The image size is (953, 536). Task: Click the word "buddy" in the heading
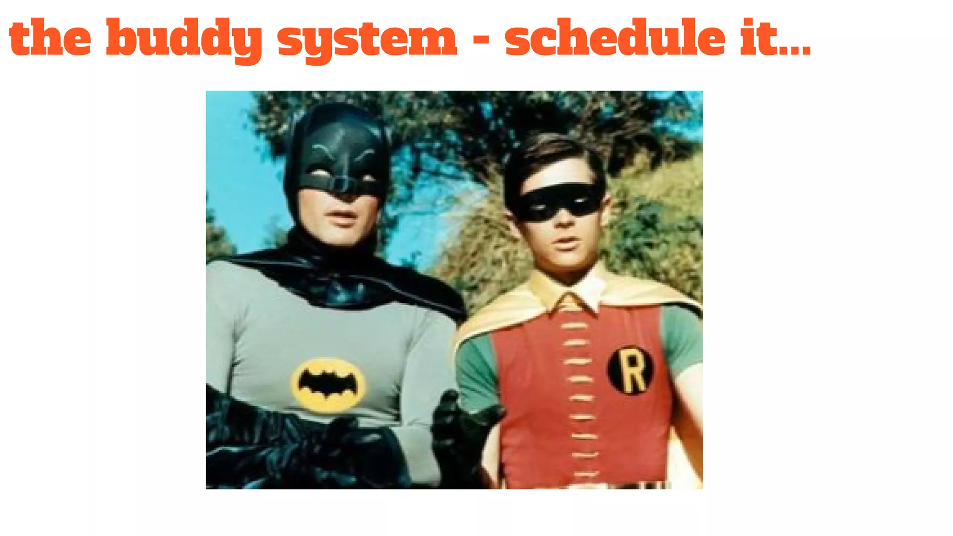click(x=184, y=38)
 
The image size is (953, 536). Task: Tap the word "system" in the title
click(x=367, y=40)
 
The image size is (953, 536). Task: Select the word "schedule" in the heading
click(x=615, y=37)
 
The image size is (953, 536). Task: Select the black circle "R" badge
click(x=631, y=371)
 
